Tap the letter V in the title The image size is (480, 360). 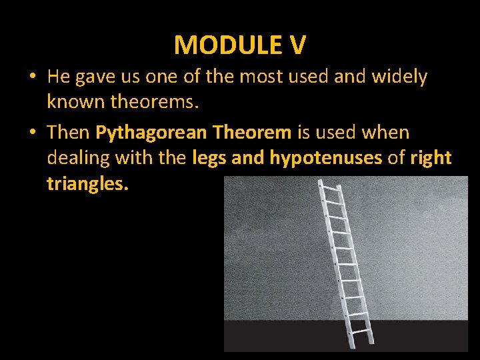pos(297,45)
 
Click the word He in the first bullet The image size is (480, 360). pos(59,77)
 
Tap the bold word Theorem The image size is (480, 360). pos(252,133)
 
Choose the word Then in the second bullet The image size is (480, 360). pos(69,133)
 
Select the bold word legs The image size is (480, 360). pos(209,159)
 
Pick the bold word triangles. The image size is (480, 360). pos(87,184)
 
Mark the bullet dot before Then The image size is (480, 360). pos(32,133)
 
